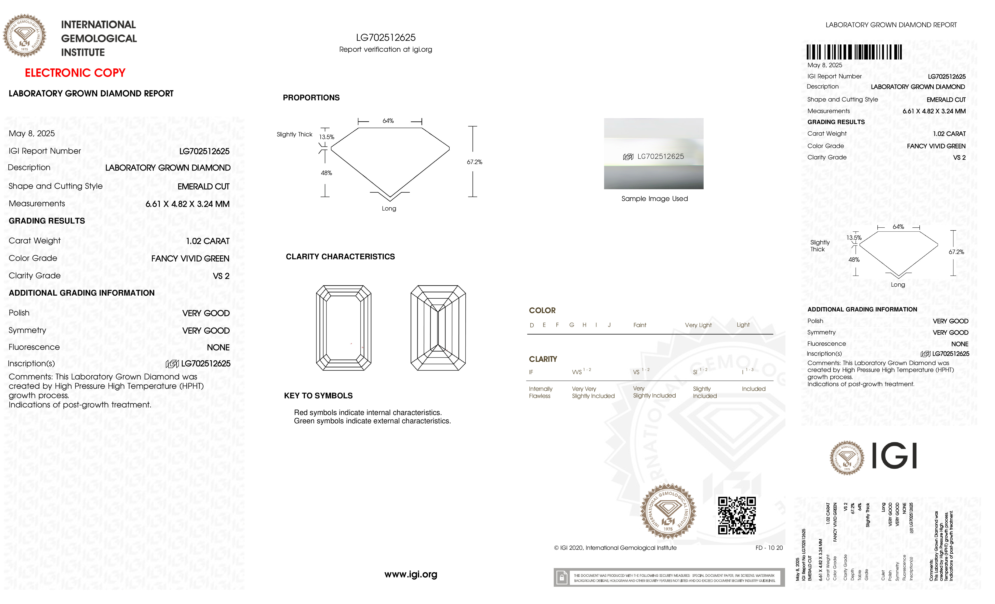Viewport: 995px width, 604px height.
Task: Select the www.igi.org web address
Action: (411, 574)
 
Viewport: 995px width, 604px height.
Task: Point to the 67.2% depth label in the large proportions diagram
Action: (475, 162)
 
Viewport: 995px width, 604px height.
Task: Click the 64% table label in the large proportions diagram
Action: (388, 121)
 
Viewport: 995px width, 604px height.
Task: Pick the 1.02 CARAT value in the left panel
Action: (208, 241)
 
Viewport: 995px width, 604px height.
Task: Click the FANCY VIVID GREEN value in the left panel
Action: (190, 258)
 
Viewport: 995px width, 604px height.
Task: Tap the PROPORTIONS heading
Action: (311, 98)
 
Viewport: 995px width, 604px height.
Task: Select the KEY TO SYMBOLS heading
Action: (318, 396)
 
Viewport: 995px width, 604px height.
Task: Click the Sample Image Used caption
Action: (654, 199)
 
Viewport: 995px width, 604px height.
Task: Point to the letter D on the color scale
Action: (532, 325)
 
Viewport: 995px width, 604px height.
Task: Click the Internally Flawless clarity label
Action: (540, 392)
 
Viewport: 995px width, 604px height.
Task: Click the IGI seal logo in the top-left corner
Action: (25, 36)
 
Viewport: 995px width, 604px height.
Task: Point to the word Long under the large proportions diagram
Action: (389, 208)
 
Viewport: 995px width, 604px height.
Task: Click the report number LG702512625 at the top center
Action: (386, 38)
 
